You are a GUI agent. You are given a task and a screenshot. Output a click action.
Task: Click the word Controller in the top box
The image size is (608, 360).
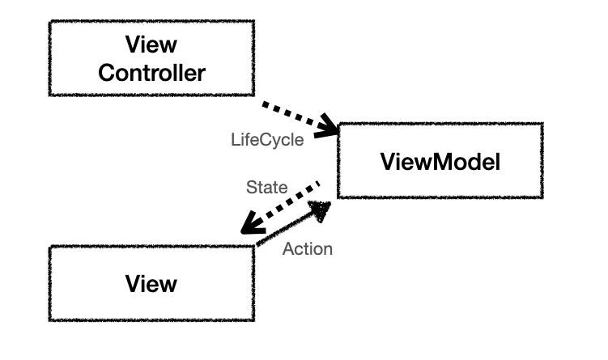[151, 73]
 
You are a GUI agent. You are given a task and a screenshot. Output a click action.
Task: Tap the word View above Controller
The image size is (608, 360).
[151, 44]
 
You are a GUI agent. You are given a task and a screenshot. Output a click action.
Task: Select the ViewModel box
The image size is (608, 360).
[440, 161]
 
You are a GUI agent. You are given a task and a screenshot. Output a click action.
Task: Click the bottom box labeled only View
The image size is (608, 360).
[151, 283]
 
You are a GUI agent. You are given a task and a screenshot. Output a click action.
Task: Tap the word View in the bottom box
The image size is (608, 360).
[151, 284]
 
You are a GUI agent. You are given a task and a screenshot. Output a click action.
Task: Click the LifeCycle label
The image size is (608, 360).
[267, 139]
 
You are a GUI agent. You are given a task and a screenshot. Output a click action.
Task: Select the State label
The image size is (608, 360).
[266, 188]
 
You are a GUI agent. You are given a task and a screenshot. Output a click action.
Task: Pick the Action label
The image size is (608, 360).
[308, 249]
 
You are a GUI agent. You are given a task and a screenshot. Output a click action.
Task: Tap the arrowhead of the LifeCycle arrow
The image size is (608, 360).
[330, 126]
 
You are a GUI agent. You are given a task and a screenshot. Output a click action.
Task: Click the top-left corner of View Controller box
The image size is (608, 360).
[50, 22]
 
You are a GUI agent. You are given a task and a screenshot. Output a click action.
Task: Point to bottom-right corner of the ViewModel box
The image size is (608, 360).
[542, 197]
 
